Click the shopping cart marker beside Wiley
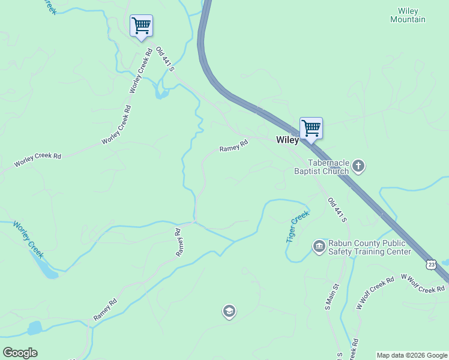[311, 128]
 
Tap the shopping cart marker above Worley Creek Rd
[141, 26]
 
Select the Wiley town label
[288, 140]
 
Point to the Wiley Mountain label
[408, 15]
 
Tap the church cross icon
[358, 166]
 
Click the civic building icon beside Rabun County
[319, 246]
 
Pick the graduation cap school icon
[229, 311]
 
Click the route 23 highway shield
[431, 264]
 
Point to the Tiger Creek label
[297, 226]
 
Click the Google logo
[20, 353]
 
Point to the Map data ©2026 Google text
[412, 355]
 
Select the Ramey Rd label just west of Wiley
[234, 146]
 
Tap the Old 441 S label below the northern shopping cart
[165, 59]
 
